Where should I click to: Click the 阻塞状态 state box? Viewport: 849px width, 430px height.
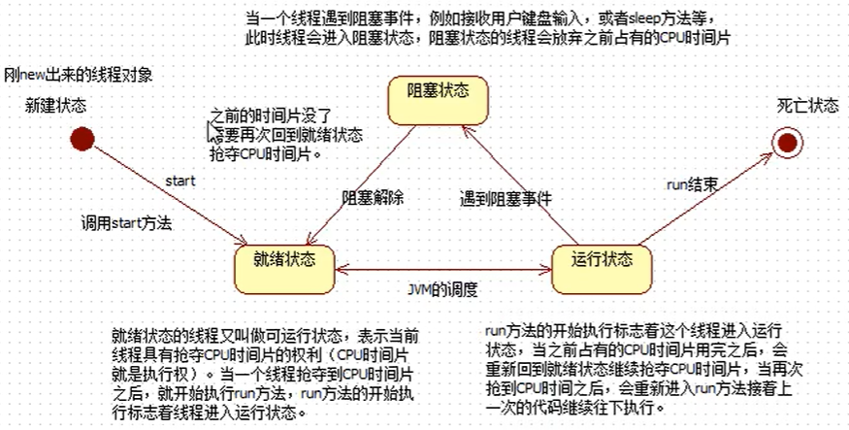pyautogui.click(x=437, y=93)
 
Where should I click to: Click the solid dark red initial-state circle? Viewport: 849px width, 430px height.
pyautogui.click(x=82, y=140)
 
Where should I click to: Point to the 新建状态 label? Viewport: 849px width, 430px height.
pyautogui.click(x=55, y=105)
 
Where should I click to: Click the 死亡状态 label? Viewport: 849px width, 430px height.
pyautogui.click(x=807, y=106)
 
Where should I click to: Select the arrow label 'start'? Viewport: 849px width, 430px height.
pyautogui.click(x=180, y=180)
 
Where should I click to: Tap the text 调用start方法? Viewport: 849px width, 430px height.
pyautogui.click(x=126, y=222)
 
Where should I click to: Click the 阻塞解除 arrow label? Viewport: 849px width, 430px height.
pyautogui.click(x=373, y=196)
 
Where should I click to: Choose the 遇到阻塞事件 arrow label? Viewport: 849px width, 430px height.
pyautogui.click(x=506, y=196)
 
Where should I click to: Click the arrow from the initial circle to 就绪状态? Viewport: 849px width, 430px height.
pyautogui.click(x=165, y=191)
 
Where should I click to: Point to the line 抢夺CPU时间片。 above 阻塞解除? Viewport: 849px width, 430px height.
pyautogui.click(x=264, y=152)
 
